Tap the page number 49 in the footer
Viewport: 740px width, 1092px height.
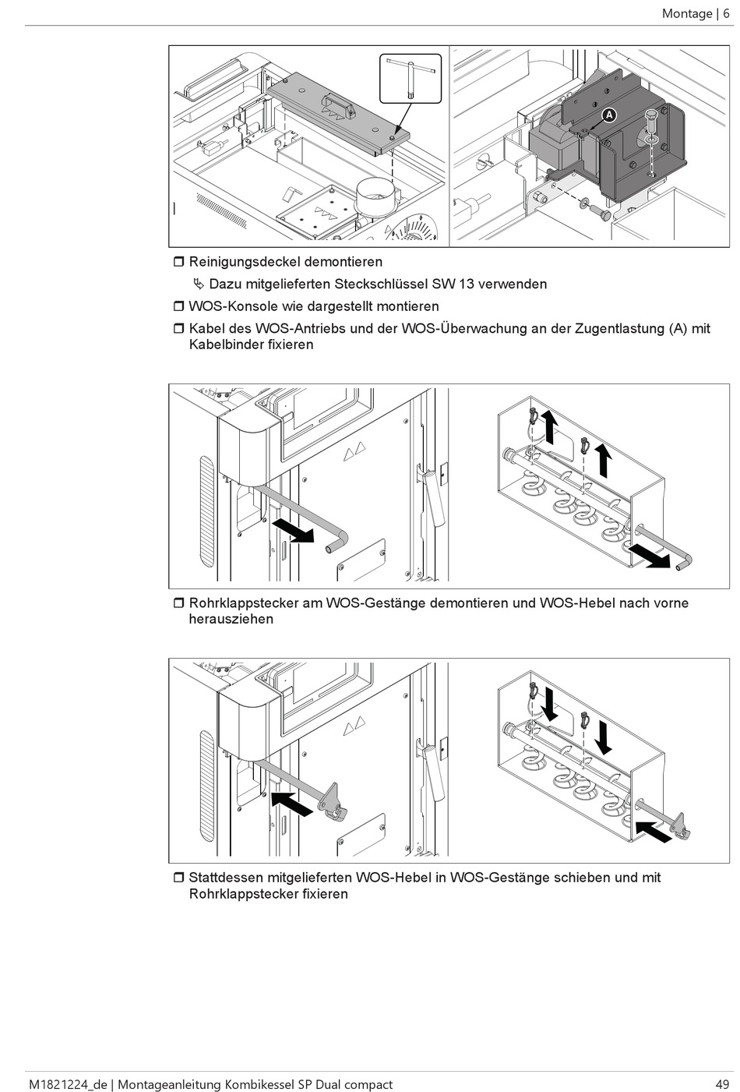tap(722, 1084)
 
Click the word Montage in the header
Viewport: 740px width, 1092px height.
tap(687, 13)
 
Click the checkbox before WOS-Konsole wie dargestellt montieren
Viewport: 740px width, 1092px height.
tap(178, 306)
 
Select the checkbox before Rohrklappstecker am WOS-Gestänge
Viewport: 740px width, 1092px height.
tap(178, 603)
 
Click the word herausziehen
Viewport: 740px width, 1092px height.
tap(231, 619)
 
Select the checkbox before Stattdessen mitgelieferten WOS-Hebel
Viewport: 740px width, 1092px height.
tap(178, 877)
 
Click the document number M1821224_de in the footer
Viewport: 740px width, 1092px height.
tap(66, 1084)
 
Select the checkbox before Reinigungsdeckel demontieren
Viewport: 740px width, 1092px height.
tap(178, 262)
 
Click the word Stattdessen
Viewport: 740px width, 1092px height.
tap(231, 877)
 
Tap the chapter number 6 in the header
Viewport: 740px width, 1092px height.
tap(726, 13)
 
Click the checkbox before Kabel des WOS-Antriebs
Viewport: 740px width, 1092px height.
tap(178, 328)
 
